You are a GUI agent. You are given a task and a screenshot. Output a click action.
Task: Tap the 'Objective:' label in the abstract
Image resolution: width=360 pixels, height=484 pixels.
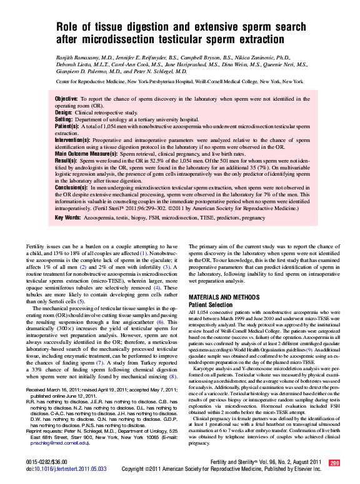[x=66, y=99]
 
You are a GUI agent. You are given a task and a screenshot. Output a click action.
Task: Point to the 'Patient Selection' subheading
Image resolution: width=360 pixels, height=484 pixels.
[x=211, y=304]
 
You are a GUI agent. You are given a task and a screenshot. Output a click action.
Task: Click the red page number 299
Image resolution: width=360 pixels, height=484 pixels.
[x=334, y=462]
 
